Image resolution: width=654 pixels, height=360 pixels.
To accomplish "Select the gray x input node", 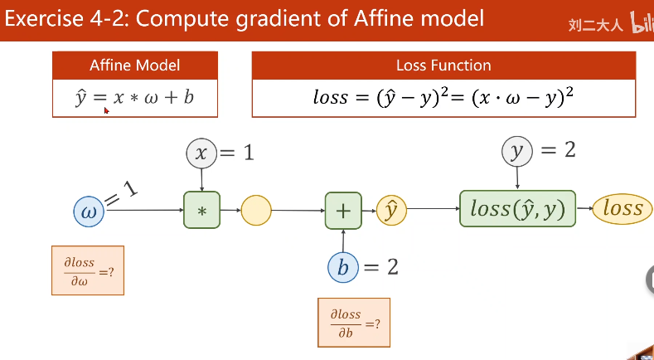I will (201, 153).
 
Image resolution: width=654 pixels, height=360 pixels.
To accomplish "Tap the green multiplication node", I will (201, 211).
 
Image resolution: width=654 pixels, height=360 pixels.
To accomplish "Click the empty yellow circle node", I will (256, 211).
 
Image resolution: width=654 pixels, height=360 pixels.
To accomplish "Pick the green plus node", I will (343, 211).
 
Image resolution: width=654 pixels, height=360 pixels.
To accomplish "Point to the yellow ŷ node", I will (391, 211).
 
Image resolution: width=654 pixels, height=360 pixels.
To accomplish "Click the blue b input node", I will (343, 267).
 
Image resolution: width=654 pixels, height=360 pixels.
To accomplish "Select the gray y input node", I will (518, 150).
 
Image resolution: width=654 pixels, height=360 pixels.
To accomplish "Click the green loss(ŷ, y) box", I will (517, 208).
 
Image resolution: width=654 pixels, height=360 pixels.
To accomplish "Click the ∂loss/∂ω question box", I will (88, 270).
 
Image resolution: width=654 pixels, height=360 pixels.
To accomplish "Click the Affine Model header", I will (135, 66).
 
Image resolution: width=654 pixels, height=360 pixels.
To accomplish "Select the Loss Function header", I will (443, 66).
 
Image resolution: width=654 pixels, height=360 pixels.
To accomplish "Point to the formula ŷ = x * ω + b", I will (135, 98).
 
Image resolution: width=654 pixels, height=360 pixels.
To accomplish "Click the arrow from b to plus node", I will (343, 241).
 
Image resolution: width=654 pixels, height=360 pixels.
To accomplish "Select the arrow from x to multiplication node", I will (201, 179).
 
